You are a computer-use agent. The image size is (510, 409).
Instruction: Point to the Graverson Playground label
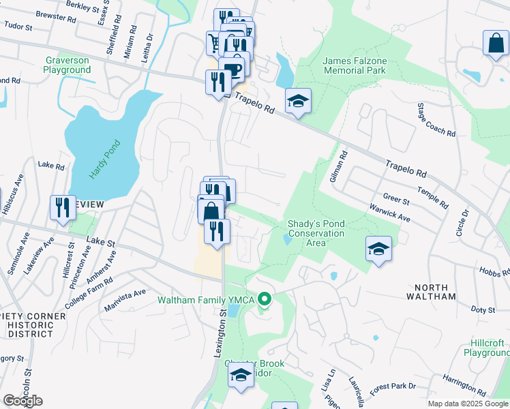[67, 65]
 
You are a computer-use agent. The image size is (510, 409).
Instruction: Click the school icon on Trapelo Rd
[298, 102]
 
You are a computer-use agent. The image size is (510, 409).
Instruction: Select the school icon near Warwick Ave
[378, 249]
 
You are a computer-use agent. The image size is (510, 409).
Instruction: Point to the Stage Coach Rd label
[436, 121]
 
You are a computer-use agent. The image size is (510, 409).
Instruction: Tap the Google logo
[22, 401]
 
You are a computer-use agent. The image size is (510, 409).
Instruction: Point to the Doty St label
[483, 309]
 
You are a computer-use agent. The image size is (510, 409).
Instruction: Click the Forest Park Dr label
[393, 386]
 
